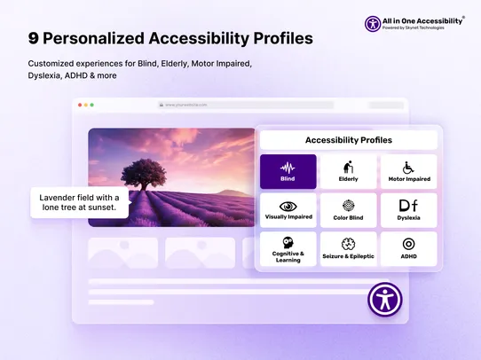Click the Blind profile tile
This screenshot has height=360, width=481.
(x=288, y=171)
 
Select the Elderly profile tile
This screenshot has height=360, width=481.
(x=348, y=171)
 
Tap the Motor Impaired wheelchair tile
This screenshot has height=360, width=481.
(x=408, y=171)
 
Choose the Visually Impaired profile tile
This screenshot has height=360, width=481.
(x=288, y=210)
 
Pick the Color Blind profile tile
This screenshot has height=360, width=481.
(x=348, y=210)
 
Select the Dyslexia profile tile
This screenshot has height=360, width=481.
(x=408, y=210)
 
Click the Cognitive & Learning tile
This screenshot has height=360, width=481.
(x=288, y=248)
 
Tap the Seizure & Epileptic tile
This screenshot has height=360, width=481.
(x=348, y=248)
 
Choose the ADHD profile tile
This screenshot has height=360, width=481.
(x=408, y=248)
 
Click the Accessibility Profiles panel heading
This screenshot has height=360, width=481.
(x=348, y=140)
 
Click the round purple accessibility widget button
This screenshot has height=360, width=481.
(x=385, y=299)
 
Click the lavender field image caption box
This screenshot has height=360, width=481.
(x=80, y=202)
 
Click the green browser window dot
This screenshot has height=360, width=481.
(x=91, y=105)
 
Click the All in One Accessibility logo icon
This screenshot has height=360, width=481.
(x=374, y=24)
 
